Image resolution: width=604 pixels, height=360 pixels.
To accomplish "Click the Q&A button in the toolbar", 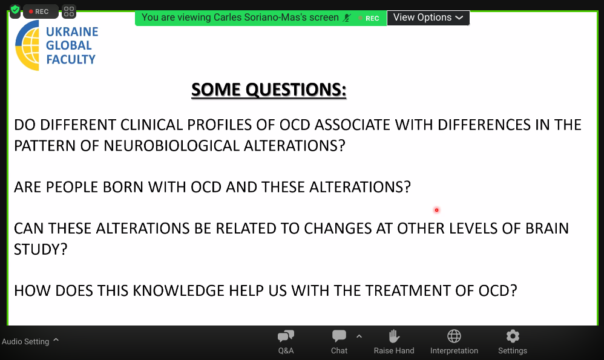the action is (286, 342).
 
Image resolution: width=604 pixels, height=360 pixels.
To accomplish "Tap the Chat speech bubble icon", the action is (339, 336).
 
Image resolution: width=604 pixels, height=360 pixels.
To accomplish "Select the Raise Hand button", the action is (393, 342).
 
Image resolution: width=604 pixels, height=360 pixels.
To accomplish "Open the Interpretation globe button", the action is (454, 342).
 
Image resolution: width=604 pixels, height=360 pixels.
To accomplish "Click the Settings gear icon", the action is (513, 336).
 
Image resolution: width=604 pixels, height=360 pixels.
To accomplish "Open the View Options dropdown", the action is (428, 18).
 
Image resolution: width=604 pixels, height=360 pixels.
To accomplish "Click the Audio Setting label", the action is (25, 341).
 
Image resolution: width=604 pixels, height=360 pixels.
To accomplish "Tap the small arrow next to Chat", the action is (359, 336).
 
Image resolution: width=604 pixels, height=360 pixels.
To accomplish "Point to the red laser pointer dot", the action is (436, 210).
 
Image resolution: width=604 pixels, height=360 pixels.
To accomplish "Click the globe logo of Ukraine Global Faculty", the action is (27, 45).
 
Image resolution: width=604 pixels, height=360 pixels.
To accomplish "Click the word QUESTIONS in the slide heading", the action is (296, 90).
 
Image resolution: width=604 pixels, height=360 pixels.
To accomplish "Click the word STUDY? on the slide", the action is (41, 249).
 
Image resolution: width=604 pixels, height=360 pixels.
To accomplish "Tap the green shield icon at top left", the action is (15, 10).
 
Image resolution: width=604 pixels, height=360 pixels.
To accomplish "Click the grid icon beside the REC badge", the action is (69, 11).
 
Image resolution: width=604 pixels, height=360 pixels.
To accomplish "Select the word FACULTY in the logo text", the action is (70, 59).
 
